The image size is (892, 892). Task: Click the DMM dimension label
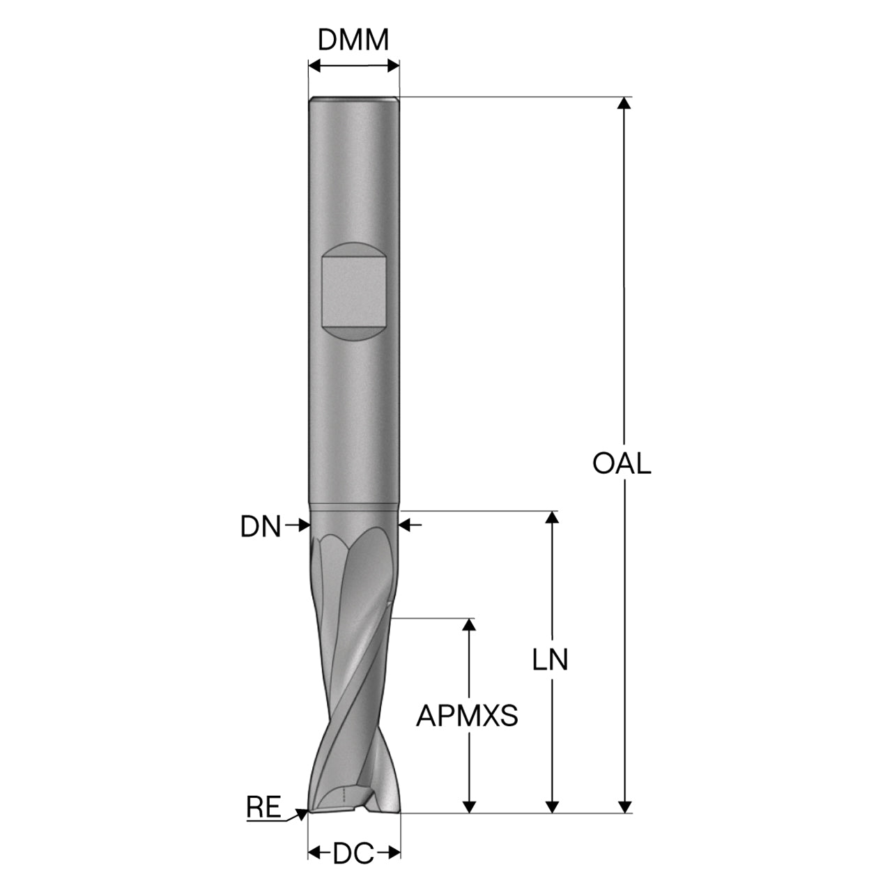(x=353, y=40)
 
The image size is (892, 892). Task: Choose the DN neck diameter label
(x=260, y=526)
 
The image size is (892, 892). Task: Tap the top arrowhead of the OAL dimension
(x=624, y=102)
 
